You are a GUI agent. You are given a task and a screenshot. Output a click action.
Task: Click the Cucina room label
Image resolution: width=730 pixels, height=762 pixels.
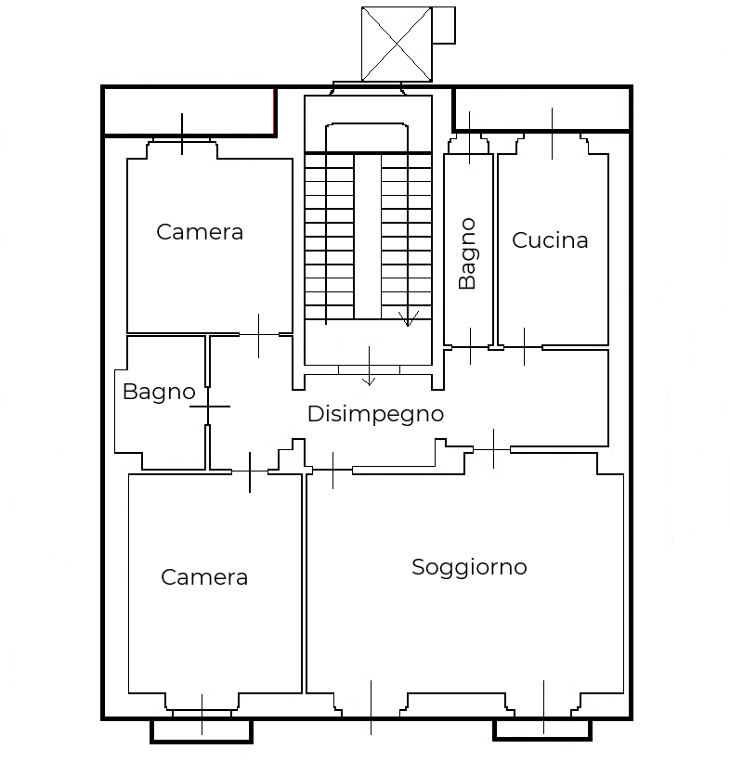coord(550,240)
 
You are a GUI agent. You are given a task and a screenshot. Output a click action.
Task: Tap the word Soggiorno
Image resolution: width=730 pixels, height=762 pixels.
coord(469,567)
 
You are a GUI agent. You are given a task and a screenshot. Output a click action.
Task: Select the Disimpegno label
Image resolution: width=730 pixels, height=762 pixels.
coord(375,415)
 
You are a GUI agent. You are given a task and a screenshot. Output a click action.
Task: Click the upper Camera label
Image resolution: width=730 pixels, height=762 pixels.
coord(200,232)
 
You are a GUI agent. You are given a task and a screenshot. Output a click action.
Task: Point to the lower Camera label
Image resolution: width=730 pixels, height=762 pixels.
coord(204,577)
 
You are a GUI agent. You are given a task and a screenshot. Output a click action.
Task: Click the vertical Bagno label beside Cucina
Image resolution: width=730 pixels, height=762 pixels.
coord(467,253)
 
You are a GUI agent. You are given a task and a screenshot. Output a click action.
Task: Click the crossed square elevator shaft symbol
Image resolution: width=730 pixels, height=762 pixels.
coord(397,45)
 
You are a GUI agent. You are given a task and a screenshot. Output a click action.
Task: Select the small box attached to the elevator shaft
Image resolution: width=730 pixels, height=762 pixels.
coord(444,25)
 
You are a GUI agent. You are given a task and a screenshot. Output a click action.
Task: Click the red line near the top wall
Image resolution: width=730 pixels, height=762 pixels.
coord(275,112)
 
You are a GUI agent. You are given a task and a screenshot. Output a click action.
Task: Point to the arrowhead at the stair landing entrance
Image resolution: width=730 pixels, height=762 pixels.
coord(369,381)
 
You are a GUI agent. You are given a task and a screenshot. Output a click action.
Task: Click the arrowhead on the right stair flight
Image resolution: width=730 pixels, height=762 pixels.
coord(408,319)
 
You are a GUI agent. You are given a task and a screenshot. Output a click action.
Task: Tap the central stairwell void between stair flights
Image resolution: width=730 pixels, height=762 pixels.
coord(368,237)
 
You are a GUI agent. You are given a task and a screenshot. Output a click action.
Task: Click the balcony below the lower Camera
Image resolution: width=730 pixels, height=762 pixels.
coord(202,731)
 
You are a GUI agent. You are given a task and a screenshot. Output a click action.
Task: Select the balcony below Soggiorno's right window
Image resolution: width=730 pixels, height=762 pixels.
coord(542,730)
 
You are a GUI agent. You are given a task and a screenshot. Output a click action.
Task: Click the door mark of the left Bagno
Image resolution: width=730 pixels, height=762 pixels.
coord(209,407)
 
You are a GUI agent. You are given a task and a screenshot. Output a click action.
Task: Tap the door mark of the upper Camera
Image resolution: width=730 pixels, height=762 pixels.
coord(259,335)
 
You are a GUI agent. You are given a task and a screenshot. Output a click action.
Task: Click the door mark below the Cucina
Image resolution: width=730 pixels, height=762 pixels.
coord(524,347)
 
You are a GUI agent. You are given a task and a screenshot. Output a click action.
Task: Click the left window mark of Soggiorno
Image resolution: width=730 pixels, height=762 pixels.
coord(372,707)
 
